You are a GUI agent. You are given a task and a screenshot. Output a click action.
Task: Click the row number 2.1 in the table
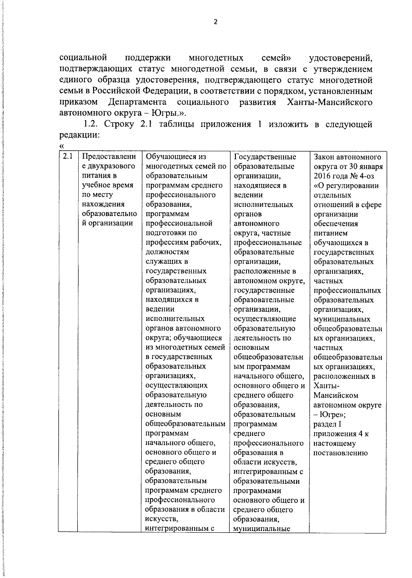click(x=68, y=157)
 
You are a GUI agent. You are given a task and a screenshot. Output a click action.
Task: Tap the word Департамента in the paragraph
click(x=137, y=102)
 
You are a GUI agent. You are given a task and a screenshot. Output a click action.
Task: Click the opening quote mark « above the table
click(x=62, y=146)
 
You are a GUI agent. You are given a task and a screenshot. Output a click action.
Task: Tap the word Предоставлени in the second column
click(x=109, y=157)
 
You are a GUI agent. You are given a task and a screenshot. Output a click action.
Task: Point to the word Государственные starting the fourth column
click(x=265, y=157)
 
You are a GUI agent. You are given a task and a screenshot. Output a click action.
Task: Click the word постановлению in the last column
click(x=340, y=453)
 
